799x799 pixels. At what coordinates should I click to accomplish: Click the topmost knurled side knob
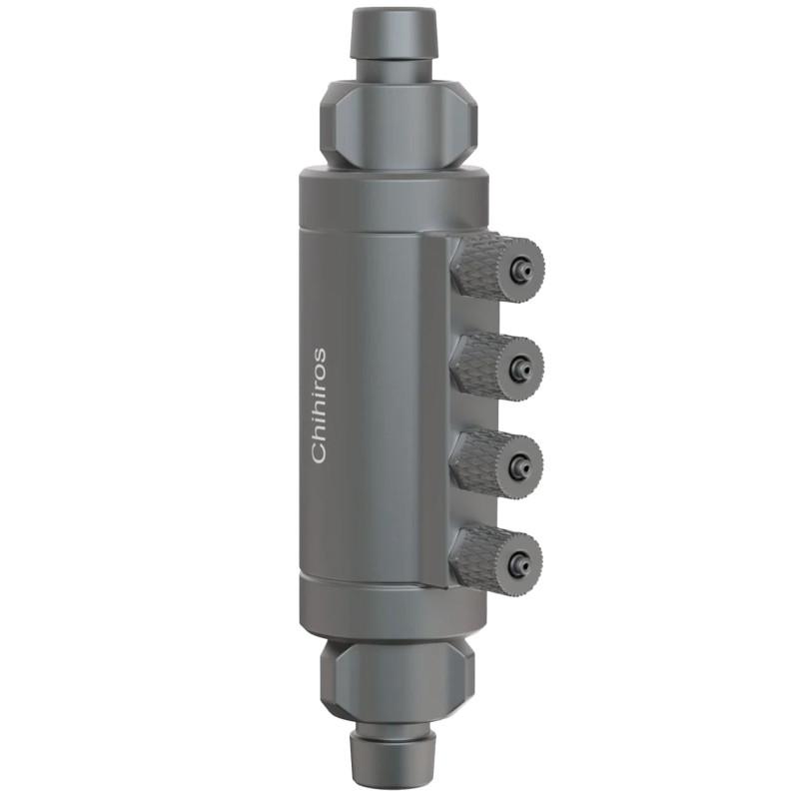485,266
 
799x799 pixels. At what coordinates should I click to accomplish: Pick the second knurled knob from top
485,366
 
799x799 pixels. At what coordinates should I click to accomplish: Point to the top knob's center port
521,269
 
